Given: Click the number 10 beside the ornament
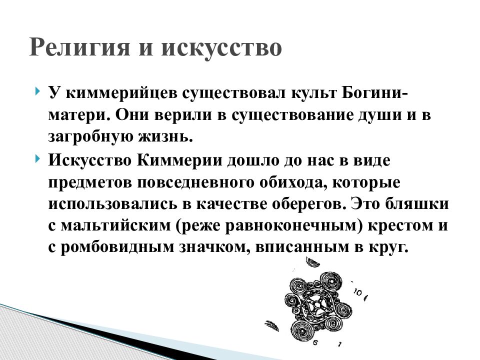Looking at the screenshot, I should pyautogui.click(x=358, y=292).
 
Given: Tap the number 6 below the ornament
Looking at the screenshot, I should pyautogui.click(x=315, y=343).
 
